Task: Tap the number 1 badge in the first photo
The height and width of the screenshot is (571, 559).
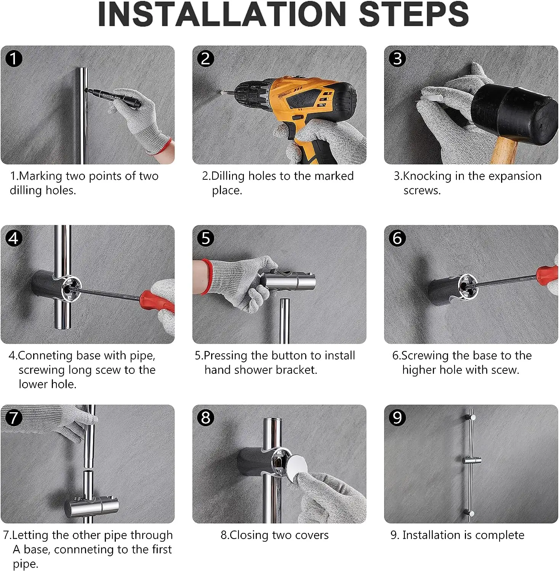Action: pyautogui.click(x=14, y=59)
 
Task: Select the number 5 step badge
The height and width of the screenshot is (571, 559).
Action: pyautogui.click(x=206, y=238)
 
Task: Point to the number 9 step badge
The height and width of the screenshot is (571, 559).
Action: pyautogui.click(x=397, y=418)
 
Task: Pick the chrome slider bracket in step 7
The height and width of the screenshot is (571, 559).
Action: pyautogui.click(x=91, y=506)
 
